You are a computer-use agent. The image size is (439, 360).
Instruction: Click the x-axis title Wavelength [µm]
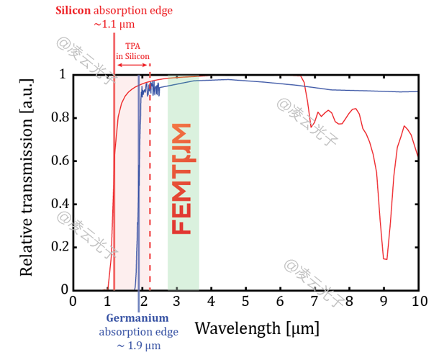[x=257, y=328]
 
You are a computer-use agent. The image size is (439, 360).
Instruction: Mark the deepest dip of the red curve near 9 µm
[x=386, y=258]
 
